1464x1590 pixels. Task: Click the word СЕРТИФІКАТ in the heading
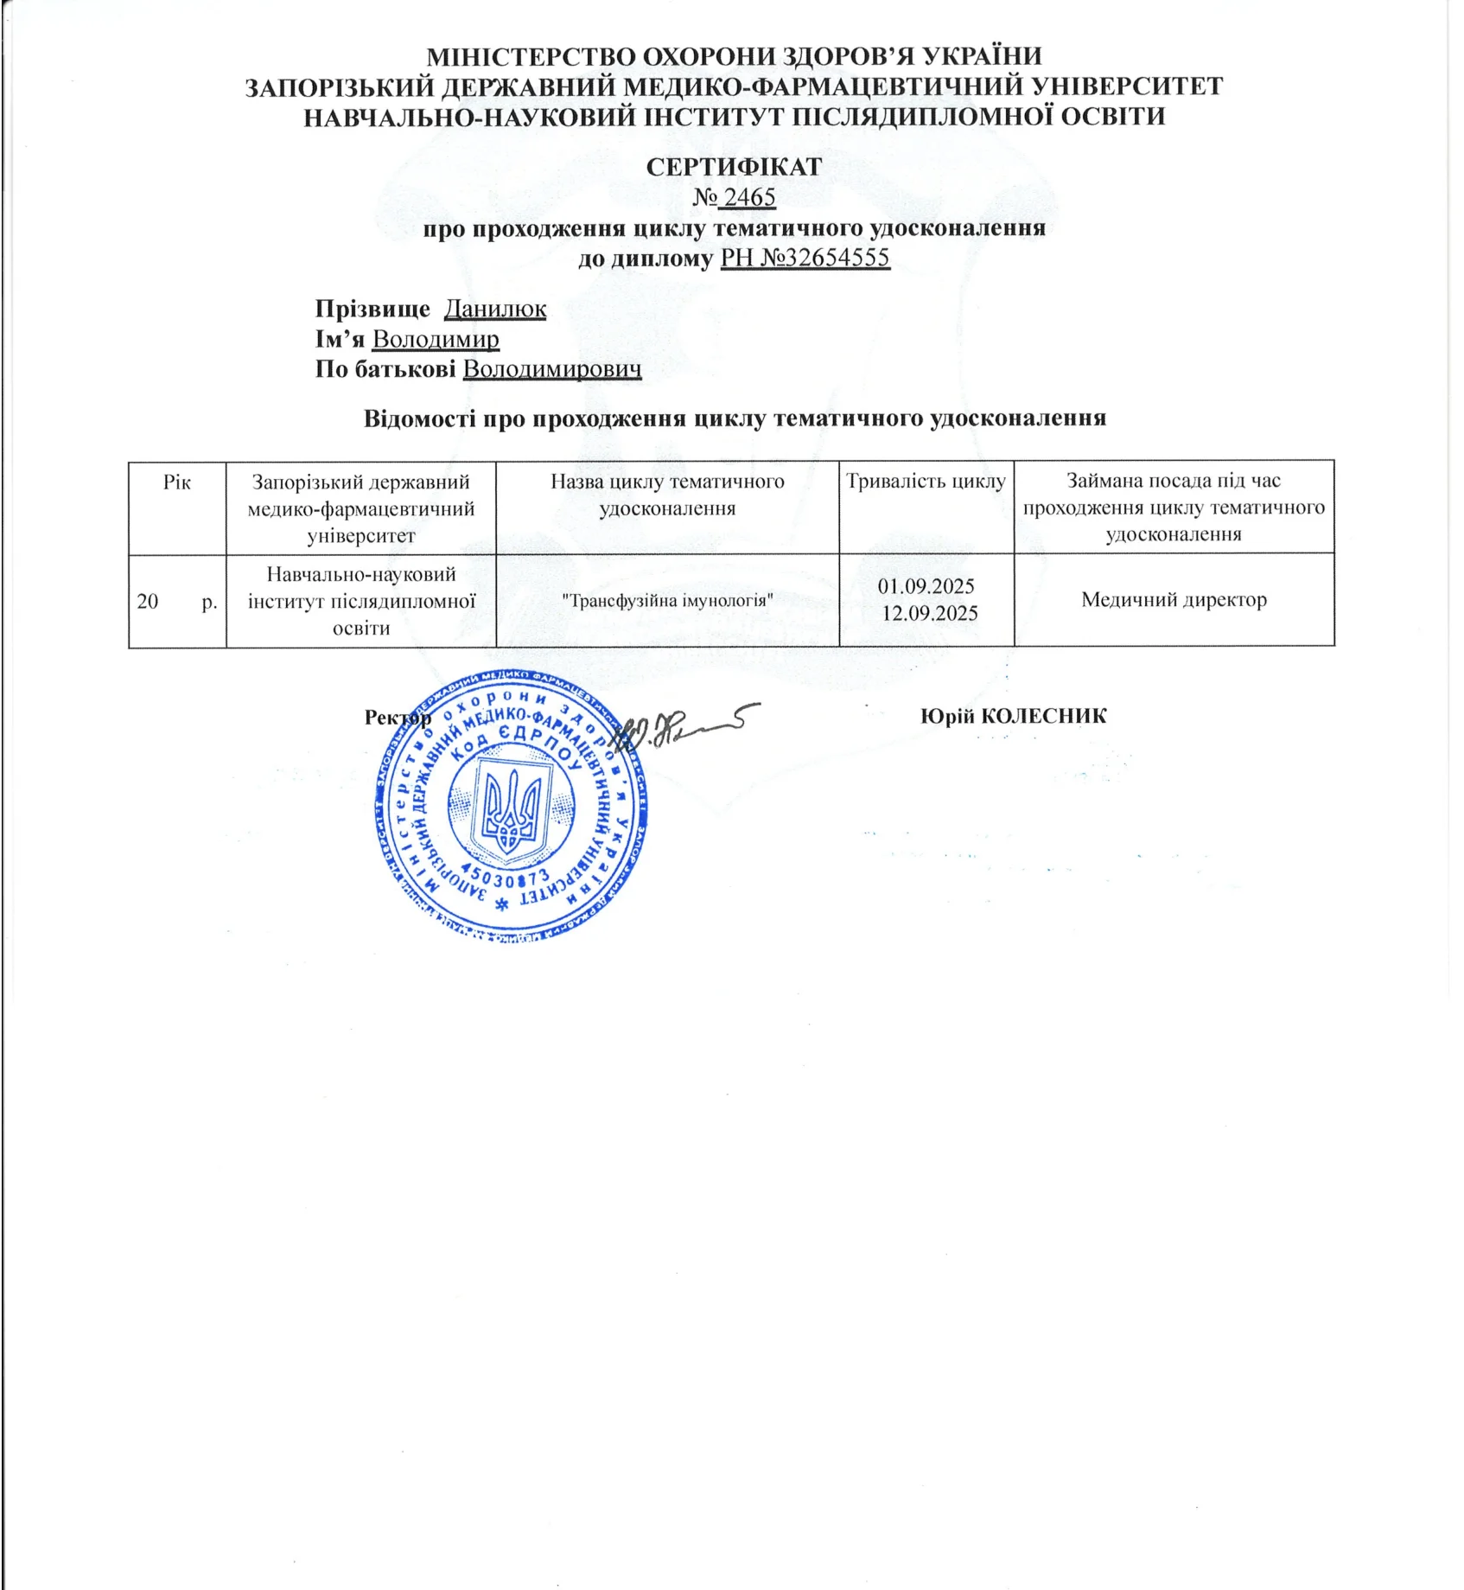[734, 167]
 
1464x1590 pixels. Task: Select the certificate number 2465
[748, 197]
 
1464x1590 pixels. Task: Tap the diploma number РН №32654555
[805, 258]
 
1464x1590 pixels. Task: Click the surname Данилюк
[495, 309]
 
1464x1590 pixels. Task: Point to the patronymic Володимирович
[552, 369]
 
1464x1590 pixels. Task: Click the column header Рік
[177, 482]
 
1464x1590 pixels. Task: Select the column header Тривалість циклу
[926, 482]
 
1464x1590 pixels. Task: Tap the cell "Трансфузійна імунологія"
[667, 599]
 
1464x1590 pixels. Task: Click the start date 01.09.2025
[926, 586]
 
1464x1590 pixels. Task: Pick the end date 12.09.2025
[929, 614]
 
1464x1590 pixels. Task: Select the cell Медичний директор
[1174, 599]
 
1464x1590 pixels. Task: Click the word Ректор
[397, 718]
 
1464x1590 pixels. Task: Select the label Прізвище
[372, 309]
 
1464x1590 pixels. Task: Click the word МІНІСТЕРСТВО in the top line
[531, 56]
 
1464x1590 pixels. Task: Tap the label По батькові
[385, 369]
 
